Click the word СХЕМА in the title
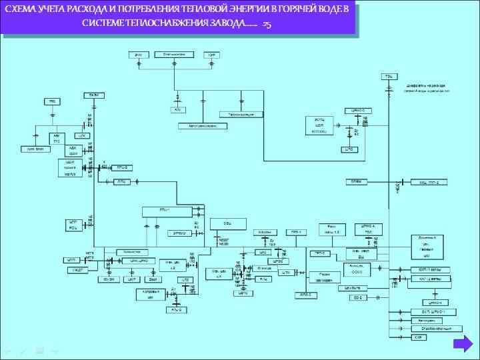click(x=21, y=12)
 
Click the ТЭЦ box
click(x=387, y=77)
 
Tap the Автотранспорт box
click(x=198, y=125)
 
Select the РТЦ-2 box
click(x=122, y=167)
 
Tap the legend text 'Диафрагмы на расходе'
click(x=427, y=85)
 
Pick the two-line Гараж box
click(x=324, y=277)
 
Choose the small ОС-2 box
click(x=357, y=297)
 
